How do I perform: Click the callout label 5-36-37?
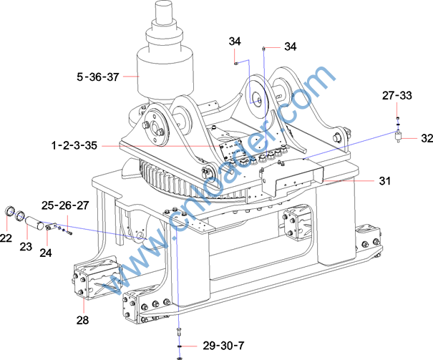[x=98, y=77]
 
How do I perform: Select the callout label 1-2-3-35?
[x=74, y=145]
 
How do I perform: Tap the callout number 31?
[x=385, y=181]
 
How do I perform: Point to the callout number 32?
[x=427, y=138]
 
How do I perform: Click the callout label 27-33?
[x=397, y=95]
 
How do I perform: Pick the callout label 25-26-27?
[x=65, y=205]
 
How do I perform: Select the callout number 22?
[x=6, y=238]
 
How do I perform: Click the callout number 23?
[x=26, y=246]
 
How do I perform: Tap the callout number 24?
[x=46, y=253]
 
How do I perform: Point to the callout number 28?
[x=82, y=320]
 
